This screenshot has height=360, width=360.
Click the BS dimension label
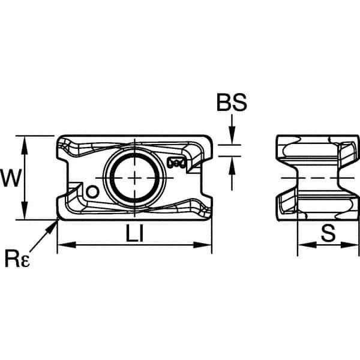232,103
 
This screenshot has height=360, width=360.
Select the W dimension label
11,178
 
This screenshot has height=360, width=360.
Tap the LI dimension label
135,233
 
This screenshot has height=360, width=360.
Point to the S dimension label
328,233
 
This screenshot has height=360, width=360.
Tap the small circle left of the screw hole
92,192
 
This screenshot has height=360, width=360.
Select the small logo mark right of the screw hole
177,163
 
